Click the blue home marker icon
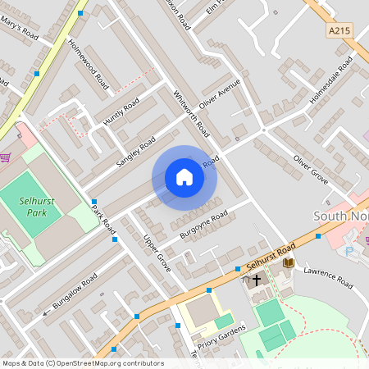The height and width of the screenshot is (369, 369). point(184,177)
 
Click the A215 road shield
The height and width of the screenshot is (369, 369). point(338,30)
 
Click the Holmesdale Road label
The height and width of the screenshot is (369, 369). point(330,80)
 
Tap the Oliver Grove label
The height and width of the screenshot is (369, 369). point(311,167)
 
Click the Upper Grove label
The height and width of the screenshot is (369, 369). point(157,253)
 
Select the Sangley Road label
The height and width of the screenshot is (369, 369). point(135,152)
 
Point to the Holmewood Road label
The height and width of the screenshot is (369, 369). point(88,64)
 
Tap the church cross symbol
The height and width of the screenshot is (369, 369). point(256,280)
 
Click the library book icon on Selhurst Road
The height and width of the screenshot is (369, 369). point(288,262)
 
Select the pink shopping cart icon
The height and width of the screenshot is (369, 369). point(6,157)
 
